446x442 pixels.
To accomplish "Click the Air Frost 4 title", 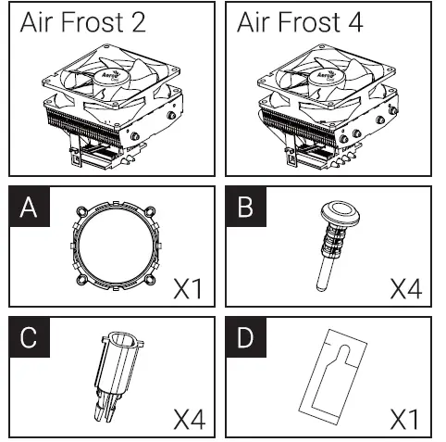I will click(x=301, y=23).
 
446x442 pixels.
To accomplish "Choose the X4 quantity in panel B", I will click(x=404, y=289).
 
